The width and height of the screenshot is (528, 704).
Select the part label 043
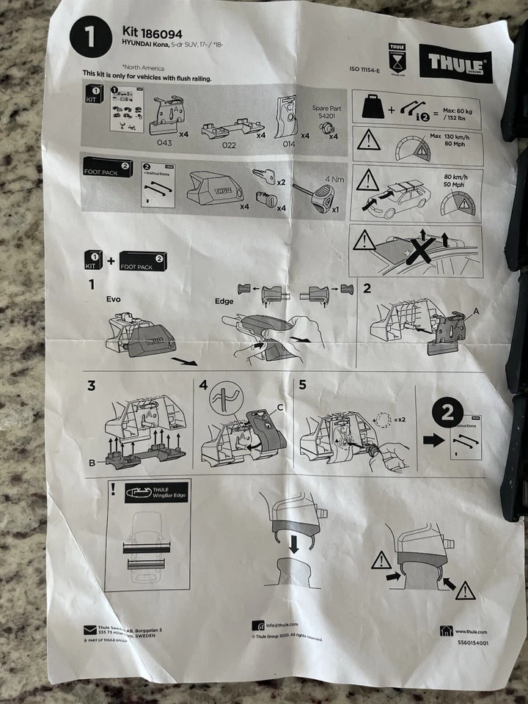click(x=164, y=142)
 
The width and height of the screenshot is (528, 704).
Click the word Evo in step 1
click(x=114, y=298)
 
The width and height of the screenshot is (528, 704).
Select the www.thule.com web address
click(x=471, y=631)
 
